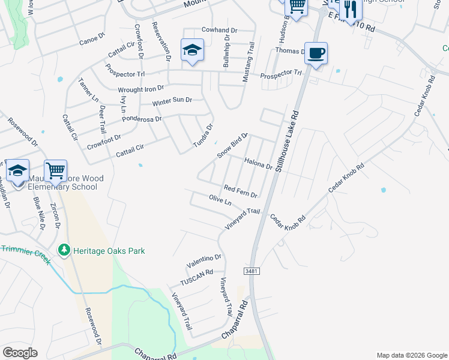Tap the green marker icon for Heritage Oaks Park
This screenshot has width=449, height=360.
[63, 250]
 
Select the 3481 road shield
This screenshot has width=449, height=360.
[252, 271]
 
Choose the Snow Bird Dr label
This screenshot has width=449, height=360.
[232, 145]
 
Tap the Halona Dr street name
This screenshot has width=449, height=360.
[259, 163]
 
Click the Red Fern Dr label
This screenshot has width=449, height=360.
[240, 191]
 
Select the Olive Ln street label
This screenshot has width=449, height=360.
[220, 199]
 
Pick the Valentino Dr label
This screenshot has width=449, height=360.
[204, 262]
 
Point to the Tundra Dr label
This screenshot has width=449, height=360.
[203, 136]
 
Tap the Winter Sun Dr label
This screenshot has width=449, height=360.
[172, 101]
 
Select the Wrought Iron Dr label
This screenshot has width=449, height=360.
[141, 89]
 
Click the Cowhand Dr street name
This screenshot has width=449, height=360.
[220, 29]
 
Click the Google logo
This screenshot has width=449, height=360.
[20, 353]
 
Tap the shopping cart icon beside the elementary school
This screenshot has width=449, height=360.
[55, 171]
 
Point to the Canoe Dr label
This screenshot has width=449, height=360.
[92, 42]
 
